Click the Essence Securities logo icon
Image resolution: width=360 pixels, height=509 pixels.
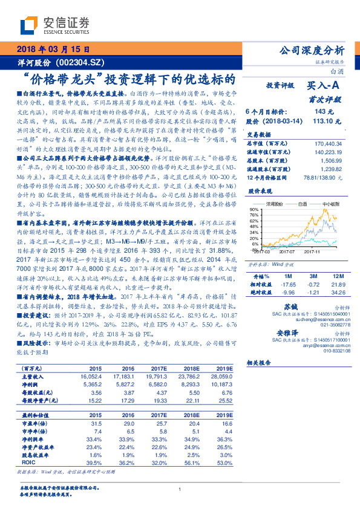(31, 26)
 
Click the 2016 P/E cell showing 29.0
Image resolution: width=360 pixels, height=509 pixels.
(129, 423)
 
